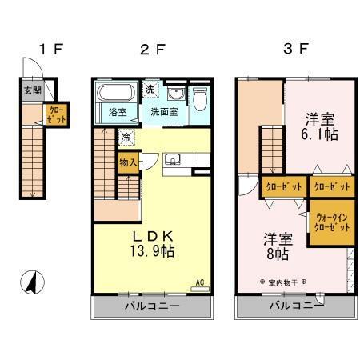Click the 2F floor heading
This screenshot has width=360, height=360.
(152, 49)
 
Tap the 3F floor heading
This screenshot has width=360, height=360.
(295, 49)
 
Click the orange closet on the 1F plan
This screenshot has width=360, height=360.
(58, 114)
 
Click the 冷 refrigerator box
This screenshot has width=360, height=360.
(126, 137)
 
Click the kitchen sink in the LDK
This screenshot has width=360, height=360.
(172, 159)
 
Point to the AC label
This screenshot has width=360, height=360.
(200, 282)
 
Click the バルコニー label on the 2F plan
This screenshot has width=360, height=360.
(152, 306)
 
